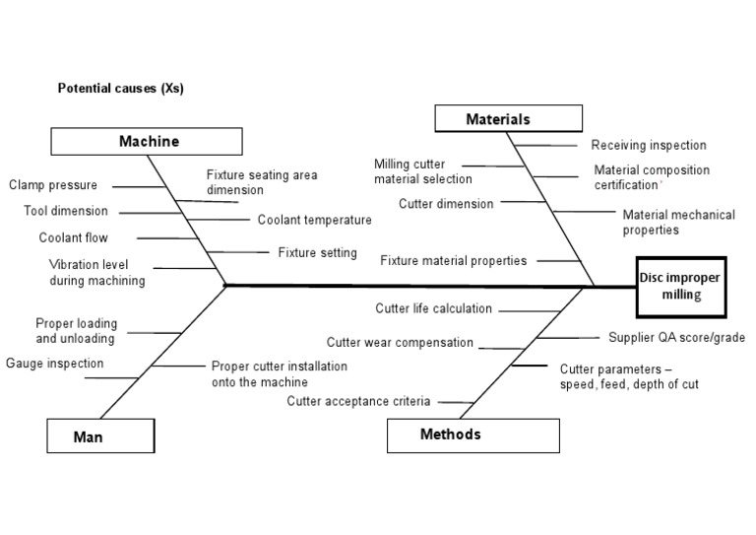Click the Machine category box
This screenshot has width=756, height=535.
coord(149,141)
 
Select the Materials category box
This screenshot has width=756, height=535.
coord(497,119)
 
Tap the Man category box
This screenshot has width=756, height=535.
coord(99,435)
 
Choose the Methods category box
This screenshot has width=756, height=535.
coord(472,435)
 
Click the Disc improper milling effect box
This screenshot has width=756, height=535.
coord(679,286)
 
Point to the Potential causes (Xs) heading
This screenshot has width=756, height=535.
coord(120,89)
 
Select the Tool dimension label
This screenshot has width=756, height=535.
coord(66,211)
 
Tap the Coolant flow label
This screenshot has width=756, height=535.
coord(73,237)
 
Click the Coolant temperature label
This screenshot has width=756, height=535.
coord(315,220)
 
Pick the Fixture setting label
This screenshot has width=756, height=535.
coord(317,252)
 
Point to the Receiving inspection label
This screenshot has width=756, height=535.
coord(649,145)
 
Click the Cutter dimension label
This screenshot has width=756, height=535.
coord(446,203)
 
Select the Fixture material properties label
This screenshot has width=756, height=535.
coord(453,261)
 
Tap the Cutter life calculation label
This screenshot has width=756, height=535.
coord(433,308)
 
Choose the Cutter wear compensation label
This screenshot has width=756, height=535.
coord(400,343)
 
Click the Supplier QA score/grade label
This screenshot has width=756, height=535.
coord(675,337)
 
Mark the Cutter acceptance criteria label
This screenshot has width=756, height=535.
coord(358,401)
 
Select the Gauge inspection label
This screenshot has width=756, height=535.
coord(54,364)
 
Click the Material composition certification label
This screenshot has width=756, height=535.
coord(652,177)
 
